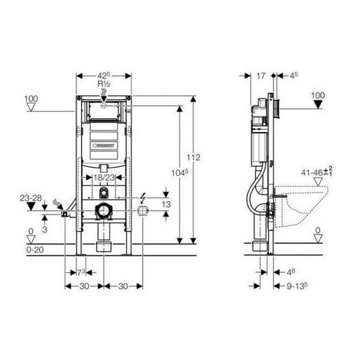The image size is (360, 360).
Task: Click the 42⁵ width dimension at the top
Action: pyautogui.click(x=104, y=76)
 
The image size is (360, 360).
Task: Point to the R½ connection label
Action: pyautogui.click(x=104, y=85)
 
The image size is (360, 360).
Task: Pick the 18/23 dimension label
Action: pyautogui.click(x=104, y=177)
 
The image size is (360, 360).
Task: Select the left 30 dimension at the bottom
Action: pyautogui.click(x=84, y=286)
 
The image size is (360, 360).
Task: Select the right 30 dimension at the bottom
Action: pyautogui.click(x=123, y=286)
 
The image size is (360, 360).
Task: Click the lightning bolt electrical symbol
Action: pyautogui.click(x=142, y=198)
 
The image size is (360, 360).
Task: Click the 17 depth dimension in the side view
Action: pyautogui.click(x=260, y=76)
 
